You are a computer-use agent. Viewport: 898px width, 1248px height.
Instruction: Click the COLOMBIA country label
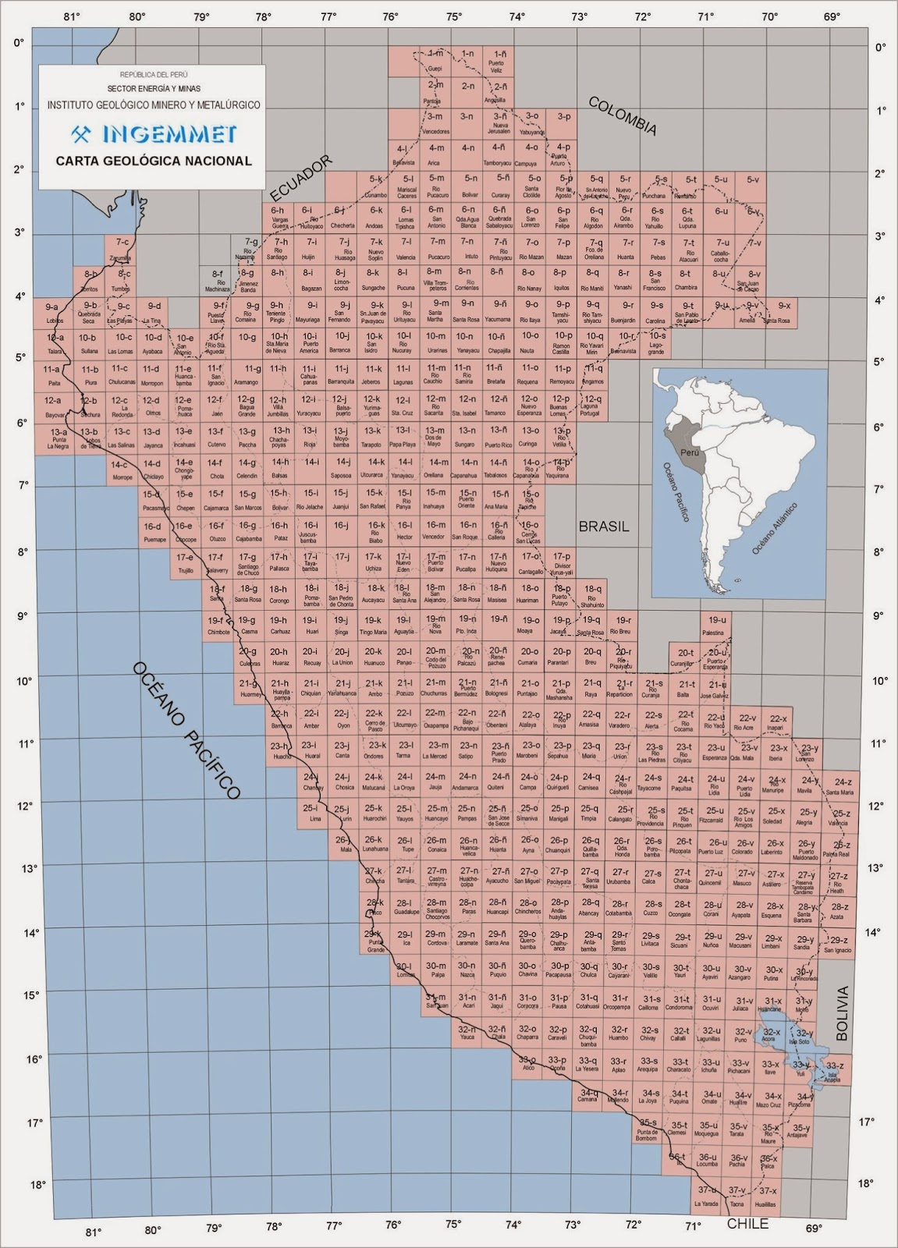coord(622,116)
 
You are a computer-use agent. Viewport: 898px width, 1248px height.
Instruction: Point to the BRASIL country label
coord(603,526)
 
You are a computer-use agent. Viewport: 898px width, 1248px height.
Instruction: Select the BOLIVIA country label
coord(841,1013)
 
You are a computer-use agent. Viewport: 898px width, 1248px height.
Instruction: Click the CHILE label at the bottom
coord(747,1224)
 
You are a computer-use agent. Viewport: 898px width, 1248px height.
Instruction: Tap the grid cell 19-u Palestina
coord(713,625)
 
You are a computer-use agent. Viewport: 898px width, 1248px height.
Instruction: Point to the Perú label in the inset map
coord(690,452)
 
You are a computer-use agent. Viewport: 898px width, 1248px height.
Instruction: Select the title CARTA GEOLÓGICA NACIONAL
coord(153,161)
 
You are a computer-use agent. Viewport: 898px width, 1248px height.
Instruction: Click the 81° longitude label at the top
coord(73,16)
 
